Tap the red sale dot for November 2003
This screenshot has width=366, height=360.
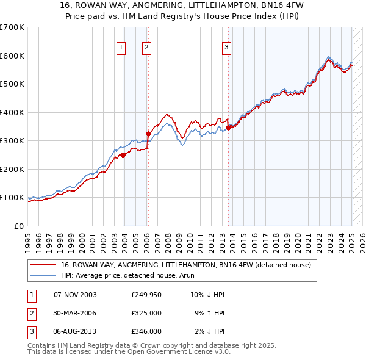pyautogui.click(x=123, y=155)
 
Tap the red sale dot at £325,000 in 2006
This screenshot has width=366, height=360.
pyautogui.click(x=148, y=134)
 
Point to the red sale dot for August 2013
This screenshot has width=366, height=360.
pyautogui.click(x=228, y=128)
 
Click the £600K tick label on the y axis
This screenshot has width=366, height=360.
pyautogui.click(x=12, y=56)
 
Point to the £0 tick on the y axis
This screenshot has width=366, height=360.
pyautogui.click(x=20, y=226)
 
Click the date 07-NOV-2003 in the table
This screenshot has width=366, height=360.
pyautogui.click(x=75, y=295)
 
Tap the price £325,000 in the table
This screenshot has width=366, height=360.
pyautogui.click(x=146, y=313)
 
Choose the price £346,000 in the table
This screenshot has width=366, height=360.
pyautogui.click(x=146, y=331)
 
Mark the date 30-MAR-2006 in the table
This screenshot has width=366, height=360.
pyautogui.click(x=75, y=313)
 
